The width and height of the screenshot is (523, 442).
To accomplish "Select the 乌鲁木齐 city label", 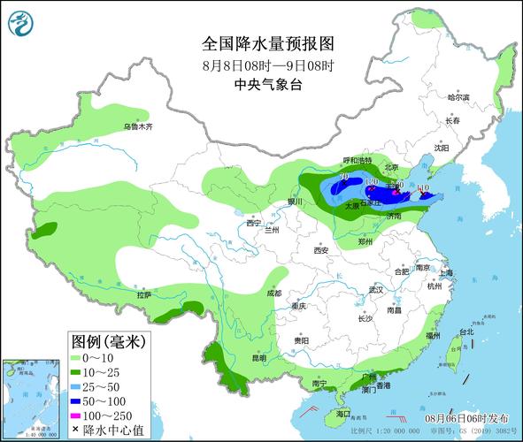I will coord(138,127).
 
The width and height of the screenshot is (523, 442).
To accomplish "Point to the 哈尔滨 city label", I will coord(458,97).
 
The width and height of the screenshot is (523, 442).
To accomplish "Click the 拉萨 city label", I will coord(144,294).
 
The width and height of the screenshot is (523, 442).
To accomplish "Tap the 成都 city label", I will coord(273,293).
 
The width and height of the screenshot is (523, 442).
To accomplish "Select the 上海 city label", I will coord(444,272).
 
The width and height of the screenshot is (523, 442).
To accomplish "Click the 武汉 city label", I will coord(376,289).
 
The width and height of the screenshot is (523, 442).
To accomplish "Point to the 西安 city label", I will coord(320,251).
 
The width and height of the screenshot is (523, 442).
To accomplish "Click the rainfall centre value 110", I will coord(423,188).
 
